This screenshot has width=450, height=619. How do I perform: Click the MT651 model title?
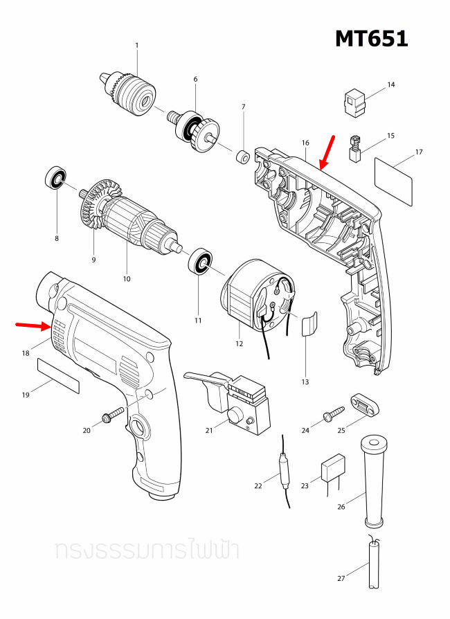tap(371, 39)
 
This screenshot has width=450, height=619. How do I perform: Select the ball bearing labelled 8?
tap(55, 179)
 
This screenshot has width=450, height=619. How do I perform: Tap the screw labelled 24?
tap(332, 415)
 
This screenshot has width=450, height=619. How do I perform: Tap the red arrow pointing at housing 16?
tap(327, 152)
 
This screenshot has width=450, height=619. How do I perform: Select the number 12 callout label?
tap(240, 343)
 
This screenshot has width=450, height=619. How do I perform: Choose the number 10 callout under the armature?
tap(127, 279)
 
